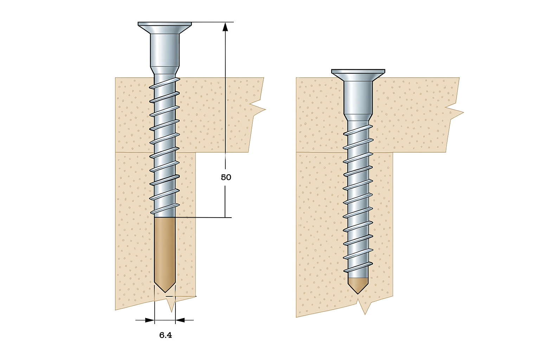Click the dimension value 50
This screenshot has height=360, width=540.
point(226,177)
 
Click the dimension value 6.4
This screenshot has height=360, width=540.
point(166,335)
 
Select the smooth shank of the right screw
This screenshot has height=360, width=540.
point(358,97)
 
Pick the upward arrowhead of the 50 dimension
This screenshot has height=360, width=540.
point(225,27)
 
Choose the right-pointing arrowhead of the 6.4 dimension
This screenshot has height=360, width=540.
point(150,320)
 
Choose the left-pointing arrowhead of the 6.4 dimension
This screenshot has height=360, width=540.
point(180,320)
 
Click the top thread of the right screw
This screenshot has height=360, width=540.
point(358,130)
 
